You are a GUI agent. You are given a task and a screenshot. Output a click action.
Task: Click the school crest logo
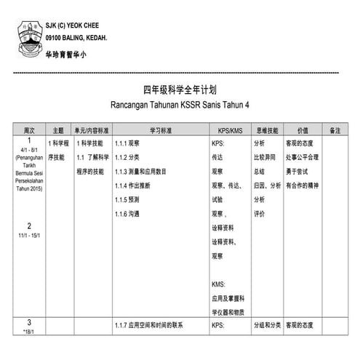pyautogui.click(x=29, y=32)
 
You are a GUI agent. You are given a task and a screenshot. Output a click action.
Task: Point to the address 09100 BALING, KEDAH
pyautogui.click(x=76, y=37)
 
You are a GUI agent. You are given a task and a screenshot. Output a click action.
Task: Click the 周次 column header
pyautogui.click(x=29, y=130)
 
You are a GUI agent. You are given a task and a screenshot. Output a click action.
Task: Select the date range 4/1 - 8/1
pyautogui.click(x=30, y=148)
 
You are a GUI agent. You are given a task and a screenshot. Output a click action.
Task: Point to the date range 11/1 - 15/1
pyautogui.click(x=30, y=236)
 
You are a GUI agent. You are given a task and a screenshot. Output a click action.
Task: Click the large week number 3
pyautogui.click(x=30, y=322)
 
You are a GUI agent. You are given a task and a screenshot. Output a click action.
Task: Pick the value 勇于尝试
pyautogui.click(x=298, y=171)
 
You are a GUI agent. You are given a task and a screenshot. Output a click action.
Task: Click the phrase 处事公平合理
pyautogui.click(x=303, y=157)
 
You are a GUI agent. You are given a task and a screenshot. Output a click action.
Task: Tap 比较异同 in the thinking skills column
pyautogui.click(x=265, y=157)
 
